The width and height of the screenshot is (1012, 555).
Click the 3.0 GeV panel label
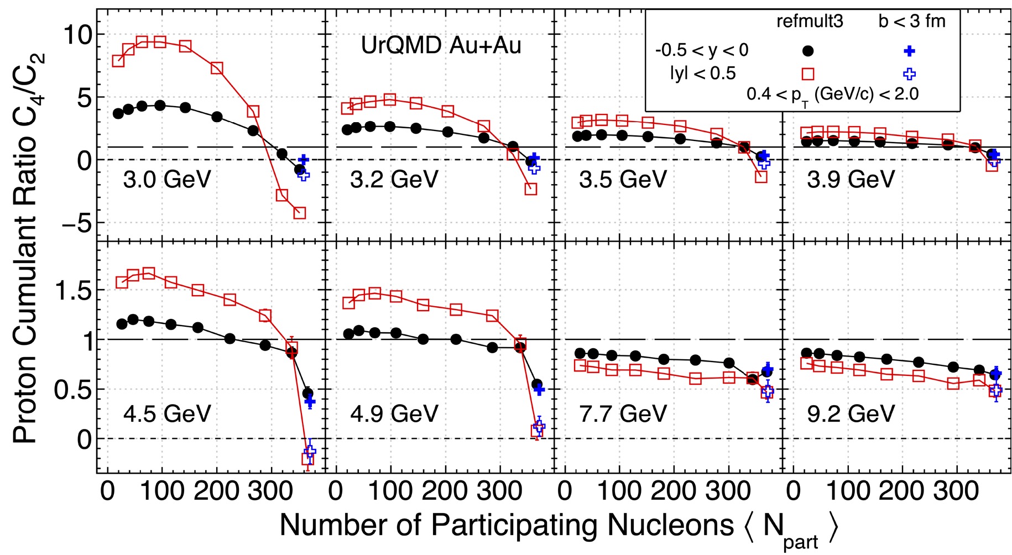(x=167, y=180)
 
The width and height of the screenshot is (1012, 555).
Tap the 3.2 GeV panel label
(x=394, y=180)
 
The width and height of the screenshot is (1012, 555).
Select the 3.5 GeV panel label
(x=623, y=180)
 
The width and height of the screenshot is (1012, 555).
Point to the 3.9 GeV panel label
(x=851, y=180)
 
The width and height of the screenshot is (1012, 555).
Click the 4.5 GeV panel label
(x=167, y=414)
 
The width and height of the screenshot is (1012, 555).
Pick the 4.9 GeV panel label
(x=394, y=414)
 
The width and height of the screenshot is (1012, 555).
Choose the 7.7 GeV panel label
(x=623, y=414)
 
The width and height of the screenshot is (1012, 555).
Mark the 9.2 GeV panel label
(x=851, y=414)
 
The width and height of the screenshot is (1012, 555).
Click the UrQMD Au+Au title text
(x=441, y=45)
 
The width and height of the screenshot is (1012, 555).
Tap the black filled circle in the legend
(x=808, y=51)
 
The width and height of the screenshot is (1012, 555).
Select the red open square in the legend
(x=808, y=74)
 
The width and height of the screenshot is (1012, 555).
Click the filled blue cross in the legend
(x=909, y=51)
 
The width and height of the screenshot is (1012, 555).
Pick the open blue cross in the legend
(x=909, y=74)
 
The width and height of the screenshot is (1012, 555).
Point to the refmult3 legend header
(x=810, y=22)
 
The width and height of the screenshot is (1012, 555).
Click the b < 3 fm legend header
(x=912, y=22)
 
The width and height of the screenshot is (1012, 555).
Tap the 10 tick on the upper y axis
(x=78, y=35)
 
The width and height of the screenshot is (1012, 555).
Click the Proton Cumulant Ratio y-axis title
(x=26, y=249)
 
